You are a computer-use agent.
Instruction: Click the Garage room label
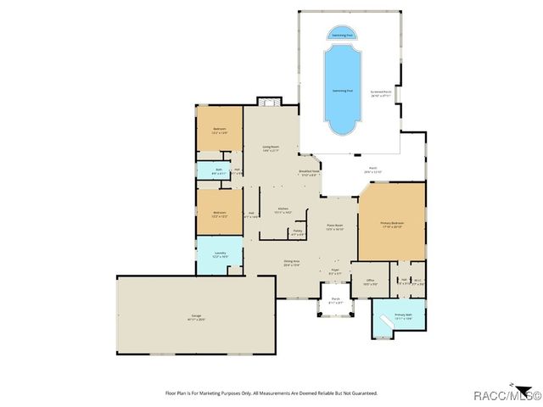(x=196, y=319)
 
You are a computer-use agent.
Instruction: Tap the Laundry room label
(x=220, y=254)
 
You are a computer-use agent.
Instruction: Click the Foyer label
(x=335, y=272)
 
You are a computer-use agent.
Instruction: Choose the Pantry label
(x=298, y=232)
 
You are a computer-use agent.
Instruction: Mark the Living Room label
(x=271, y=149)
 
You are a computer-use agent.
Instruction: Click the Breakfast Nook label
(x=309, y=172)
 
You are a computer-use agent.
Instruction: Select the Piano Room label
(x=335, y=227)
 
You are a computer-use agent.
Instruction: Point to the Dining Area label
(x=291, y=264)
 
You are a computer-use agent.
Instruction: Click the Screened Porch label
(x=381, y=93)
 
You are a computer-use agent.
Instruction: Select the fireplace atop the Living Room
(x=268, y=103)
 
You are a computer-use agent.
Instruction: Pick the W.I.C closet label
(x=417, y=281)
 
